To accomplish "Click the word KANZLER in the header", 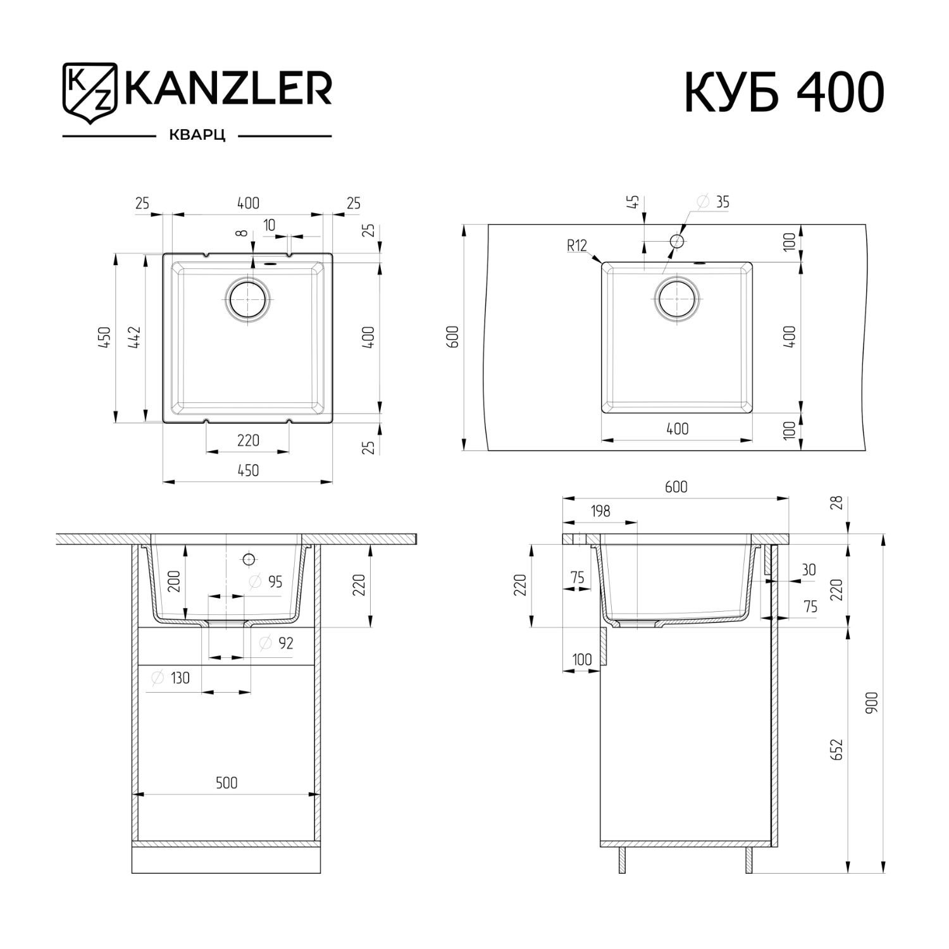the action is [228, 88].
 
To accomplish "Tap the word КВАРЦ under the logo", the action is [197, 136].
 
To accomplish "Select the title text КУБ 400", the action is [784, 93].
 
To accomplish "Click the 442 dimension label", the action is [134, 338].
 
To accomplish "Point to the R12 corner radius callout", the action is [577, 245].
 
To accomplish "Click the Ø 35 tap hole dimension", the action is [714, 202].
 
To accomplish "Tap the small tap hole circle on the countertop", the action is [676, 241].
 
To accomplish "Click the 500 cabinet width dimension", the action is [226, 783].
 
